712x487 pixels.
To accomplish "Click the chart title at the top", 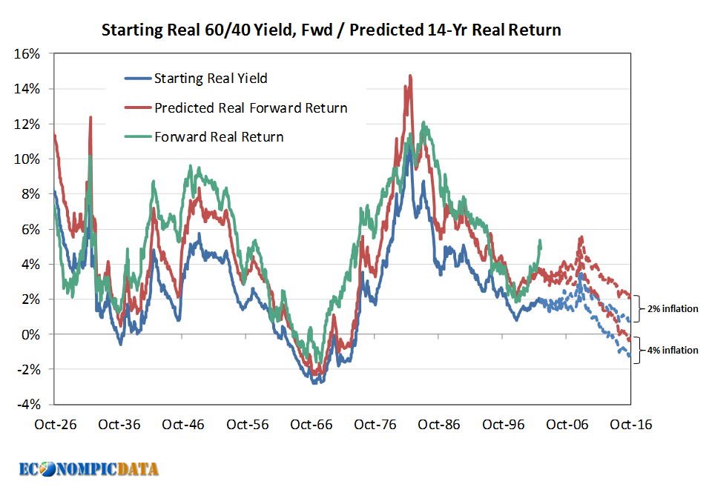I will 331,30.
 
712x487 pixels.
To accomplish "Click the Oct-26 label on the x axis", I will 56,425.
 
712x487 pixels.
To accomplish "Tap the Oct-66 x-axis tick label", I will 311,425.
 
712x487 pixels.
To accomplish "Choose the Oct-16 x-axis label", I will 630,425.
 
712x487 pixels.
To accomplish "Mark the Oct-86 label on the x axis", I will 439,425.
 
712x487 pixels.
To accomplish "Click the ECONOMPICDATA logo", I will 89,468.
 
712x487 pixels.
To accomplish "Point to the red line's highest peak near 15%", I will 409,76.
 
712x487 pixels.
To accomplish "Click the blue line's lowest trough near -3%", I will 314,382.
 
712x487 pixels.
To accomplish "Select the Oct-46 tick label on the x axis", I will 184,425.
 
